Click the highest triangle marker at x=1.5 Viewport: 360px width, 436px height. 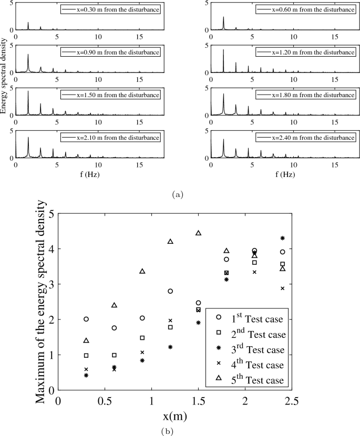(198, 233)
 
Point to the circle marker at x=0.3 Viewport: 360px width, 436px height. (86, 319)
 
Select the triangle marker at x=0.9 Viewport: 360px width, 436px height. (142, 271)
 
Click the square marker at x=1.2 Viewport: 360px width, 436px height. (170, 327)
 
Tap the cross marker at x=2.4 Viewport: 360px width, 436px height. (282, 288)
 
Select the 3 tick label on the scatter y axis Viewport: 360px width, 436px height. (51, 284)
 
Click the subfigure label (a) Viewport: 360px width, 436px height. (180, 194)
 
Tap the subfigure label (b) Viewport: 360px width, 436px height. (180, 431)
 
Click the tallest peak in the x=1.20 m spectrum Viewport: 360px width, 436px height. (223, 50)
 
